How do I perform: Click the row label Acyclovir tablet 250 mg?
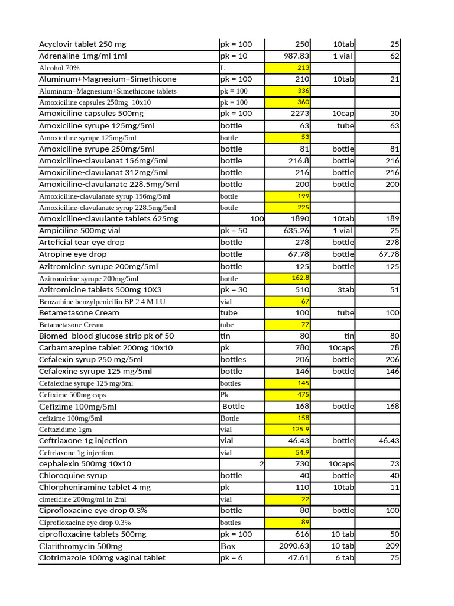[x=82, y=44]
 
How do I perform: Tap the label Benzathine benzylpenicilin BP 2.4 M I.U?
[x=103, y=302]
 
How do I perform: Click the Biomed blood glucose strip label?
[x=106, y=336]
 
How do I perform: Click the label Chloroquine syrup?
[x=73, y=475]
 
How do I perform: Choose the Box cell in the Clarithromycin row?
[x=228, y=546]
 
